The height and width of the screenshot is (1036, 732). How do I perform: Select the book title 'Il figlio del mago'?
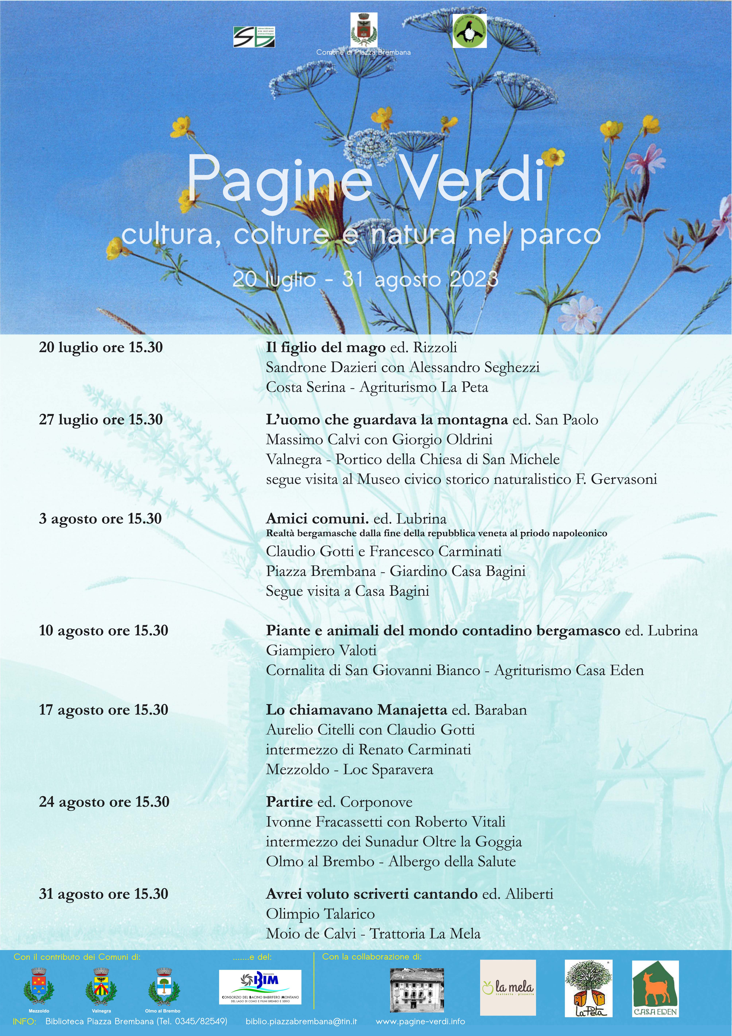click(325, 347)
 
